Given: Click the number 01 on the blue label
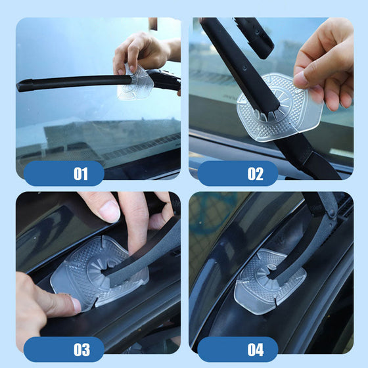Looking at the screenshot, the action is tap(81, 173).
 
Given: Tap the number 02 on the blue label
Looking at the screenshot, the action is tap(256, 173).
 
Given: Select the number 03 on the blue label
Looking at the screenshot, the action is tap(81, 350).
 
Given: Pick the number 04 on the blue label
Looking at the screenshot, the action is tap(256, 350).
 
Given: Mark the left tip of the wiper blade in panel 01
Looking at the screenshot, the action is tap(18, 86).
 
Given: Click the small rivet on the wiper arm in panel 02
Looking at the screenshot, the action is tap(244, 68).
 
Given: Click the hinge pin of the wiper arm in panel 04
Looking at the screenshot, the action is tap(331, 213).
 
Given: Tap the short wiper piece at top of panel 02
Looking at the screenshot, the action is tap(255, 37).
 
